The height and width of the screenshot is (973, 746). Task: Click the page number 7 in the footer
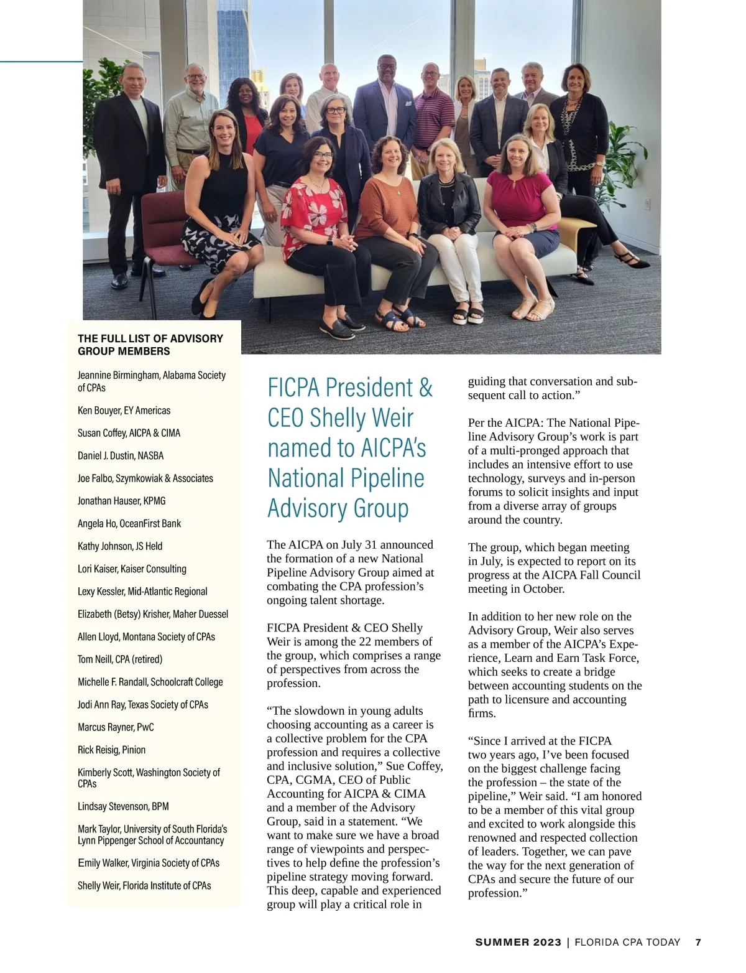698,942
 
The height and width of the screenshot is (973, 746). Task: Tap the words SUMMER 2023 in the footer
518,942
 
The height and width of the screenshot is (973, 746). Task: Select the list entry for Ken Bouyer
124,411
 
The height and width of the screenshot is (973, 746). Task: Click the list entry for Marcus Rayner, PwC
116,727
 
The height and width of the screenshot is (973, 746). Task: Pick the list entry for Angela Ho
129,524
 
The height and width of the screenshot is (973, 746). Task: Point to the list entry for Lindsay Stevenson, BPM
123,806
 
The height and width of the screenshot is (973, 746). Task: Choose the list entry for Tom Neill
120,659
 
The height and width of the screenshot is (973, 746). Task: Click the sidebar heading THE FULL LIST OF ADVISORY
150,338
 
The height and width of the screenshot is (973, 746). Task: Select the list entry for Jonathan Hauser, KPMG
121,501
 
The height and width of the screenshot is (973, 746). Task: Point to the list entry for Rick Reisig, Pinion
111,750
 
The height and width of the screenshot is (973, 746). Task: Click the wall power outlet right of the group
647,202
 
